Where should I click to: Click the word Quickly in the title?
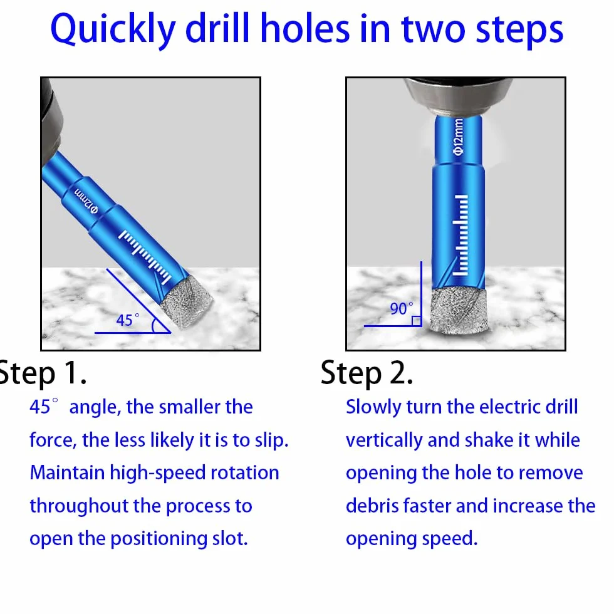113,30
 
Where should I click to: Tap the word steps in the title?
519,31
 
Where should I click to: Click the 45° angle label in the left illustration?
128,320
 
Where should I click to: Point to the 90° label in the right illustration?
402,308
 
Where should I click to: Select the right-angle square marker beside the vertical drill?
417,321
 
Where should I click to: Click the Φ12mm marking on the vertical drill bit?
459,137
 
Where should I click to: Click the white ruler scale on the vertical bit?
460,234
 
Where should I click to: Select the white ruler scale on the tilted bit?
145,256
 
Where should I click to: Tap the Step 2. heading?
367,373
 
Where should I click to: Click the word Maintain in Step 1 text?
67,472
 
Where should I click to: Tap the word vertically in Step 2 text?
385,440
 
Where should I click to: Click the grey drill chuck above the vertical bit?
459,95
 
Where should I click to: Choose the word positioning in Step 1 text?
159,539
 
